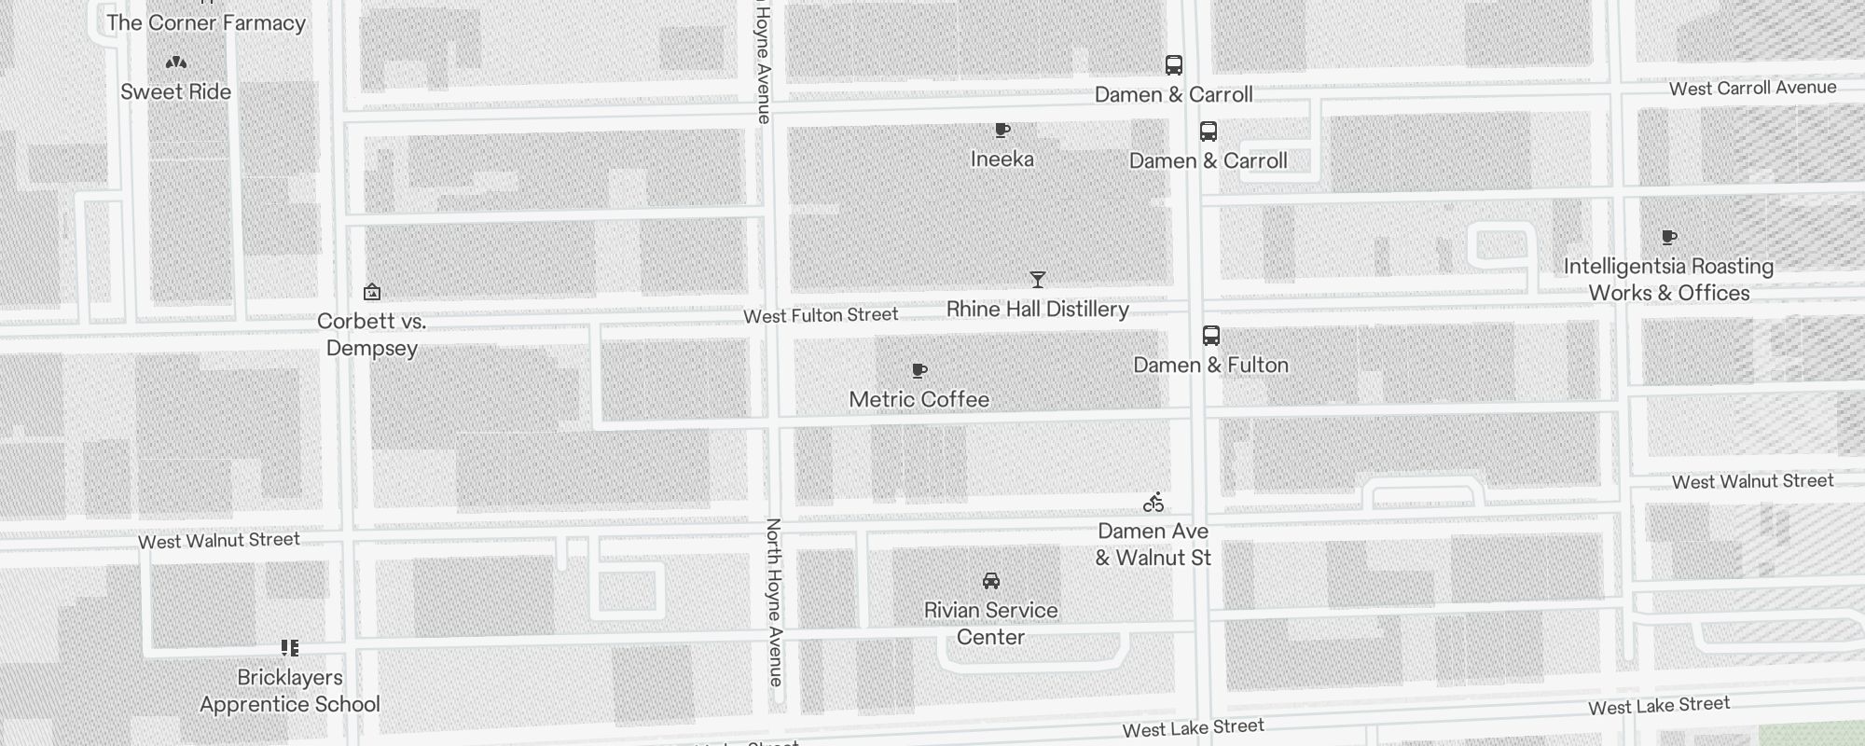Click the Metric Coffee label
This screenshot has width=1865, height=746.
[x=919, y=399]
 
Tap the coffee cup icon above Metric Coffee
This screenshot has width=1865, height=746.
[x=919, y=371]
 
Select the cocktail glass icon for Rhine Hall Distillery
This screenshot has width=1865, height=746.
[x=1037, y=279]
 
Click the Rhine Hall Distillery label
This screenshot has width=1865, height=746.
[x=1037, y=309]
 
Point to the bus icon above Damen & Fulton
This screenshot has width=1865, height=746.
[x=1210, y=336]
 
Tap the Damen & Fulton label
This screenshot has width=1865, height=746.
[x=1210, y=365]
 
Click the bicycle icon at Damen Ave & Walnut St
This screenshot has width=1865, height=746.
[x=1154, y=503]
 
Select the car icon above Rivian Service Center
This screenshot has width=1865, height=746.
[x=990, y=581]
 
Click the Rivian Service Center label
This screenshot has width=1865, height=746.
[x=990, y=623]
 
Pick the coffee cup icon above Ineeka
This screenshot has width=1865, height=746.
[x=1002, y=131]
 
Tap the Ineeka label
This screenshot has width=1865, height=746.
[x=1002, y=159]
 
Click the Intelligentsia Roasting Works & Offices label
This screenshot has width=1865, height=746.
[x=1668, y=279]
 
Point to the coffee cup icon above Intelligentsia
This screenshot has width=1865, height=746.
[x=1669, y=238]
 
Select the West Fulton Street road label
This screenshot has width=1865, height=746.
[x=821, y=316]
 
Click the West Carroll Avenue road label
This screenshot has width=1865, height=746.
[x=1752, y=88]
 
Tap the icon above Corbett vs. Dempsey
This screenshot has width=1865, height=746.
[x=371, y=292]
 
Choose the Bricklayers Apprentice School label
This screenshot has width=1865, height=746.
[x=289, y=690]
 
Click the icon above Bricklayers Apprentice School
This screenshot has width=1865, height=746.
[x=290, y=647]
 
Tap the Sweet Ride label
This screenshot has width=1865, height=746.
[x=175, y=91]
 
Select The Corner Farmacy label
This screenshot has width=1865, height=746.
[x=206, y=22]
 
